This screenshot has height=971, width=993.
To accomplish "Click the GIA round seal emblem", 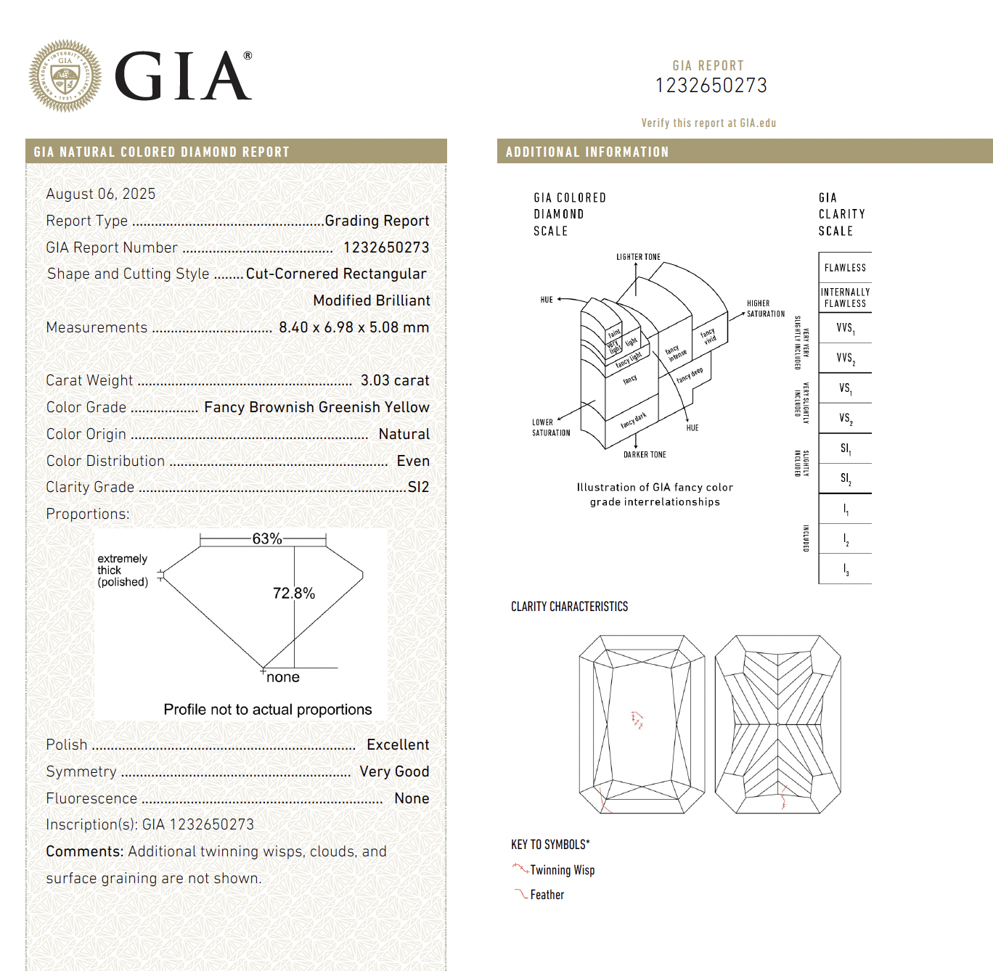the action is pyautogui.click(x=65, y=75).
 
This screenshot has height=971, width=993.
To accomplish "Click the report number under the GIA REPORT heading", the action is pyautogui.click(x=711, y=86).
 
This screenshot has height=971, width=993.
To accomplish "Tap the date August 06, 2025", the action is pyautogui.click(x=100, y=194).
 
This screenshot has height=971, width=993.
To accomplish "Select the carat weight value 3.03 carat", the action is pyautogui.click(x=394, y=380).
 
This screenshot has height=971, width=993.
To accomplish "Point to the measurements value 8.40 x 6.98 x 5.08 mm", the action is pyautogui.click(x=354, y=327).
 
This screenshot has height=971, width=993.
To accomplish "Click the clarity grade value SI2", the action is pyautogui.click(x=418, y=487).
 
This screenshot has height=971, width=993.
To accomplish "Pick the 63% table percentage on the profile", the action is pyautogui.click(x=267, y=538).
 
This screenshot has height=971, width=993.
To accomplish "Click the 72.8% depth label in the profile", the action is pyautogui.click(x=294, y=593).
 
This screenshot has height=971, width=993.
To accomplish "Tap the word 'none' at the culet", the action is pyautogui.click(x=282, y=677).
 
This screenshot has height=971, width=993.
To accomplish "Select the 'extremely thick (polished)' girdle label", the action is pyautogui.click(x=123, y=570).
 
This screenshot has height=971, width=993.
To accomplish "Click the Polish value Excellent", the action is pyautogui.click(x=398, y=745).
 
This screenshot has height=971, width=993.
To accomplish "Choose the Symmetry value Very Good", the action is pyautogui.click(x=394, y=771).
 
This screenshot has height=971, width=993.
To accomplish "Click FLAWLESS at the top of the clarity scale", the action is pyautogui.click(x=845, y=268).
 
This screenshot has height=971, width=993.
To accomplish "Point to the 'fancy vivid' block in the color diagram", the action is pyautogui.click(x=708, y=336).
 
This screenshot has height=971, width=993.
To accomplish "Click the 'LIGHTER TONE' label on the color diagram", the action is pyautogui.click(x=638, y=257).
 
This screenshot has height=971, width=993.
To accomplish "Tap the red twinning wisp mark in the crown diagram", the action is pyautogui.click(x=637, y=719).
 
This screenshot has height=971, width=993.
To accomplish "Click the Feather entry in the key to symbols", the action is pyautogui.click(x=547, y=895).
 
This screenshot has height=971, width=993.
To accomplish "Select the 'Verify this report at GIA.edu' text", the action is pyautogui.click(x=708, y=123).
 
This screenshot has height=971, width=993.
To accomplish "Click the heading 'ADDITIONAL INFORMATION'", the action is pyautogui.click(x=587, y=152).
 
